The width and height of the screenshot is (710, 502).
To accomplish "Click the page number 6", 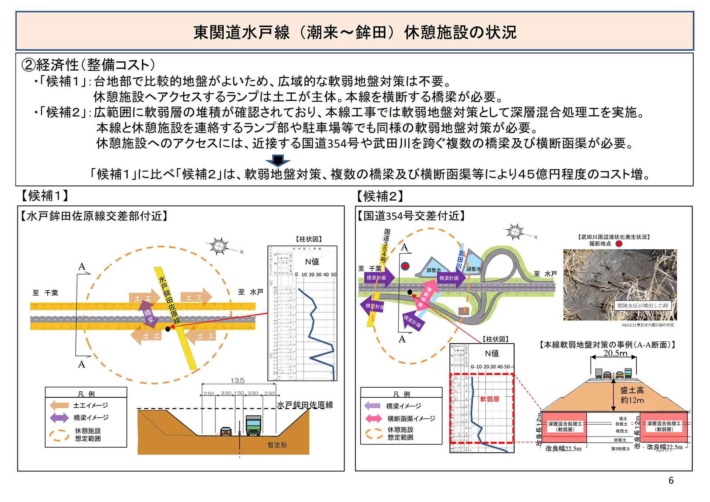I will (x=671, y=480).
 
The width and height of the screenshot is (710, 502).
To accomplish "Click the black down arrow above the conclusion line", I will (x=278, y=161).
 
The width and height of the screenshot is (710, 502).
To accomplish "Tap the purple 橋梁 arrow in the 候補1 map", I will (x=149, y=315).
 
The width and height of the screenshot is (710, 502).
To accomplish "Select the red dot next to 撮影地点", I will (x=619, y=243).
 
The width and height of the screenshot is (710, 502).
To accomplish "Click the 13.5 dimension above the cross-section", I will (x=237, y=381).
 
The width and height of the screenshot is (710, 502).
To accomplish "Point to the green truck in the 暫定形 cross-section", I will (x=253, y=425).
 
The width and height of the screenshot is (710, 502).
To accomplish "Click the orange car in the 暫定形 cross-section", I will (x=226, y=431).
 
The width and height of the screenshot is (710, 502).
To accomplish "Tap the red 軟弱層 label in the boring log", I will (x=490, y=399).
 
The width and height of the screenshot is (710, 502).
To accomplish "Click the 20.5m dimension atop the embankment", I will (x=615, y=353).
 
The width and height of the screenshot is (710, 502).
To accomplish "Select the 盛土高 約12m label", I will (x=632, y=395).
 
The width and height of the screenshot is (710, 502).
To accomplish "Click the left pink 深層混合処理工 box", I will (x=565, y=427).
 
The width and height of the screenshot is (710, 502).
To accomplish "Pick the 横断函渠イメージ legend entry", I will (x=411, y=418).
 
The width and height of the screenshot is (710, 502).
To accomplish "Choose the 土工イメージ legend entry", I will (x=90, y=405).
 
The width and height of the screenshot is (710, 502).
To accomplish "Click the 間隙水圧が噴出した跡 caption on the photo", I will (x=643, y=306).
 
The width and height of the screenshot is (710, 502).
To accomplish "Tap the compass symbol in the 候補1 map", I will (x=219, y=246).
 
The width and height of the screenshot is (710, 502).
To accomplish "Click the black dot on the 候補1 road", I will (x=168, y=329).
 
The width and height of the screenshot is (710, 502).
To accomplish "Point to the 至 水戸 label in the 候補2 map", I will (x=545, y=274).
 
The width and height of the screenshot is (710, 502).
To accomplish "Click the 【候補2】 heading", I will (x=380, y=196).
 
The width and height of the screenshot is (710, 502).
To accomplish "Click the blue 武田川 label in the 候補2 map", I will (x=460, y=259).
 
